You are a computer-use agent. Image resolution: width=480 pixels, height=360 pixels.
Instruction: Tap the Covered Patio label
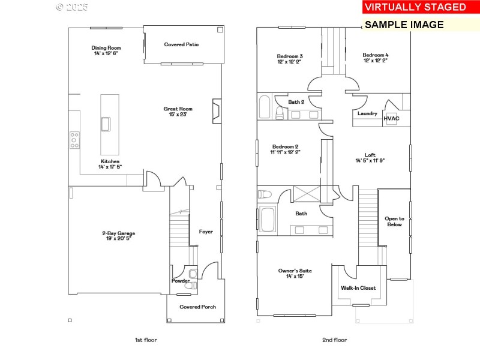(181, 44)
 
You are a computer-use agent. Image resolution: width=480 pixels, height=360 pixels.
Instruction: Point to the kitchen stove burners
(74, 140)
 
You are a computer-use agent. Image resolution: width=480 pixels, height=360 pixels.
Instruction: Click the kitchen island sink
(106, 124)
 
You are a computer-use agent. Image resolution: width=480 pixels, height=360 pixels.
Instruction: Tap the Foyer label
(206, 232)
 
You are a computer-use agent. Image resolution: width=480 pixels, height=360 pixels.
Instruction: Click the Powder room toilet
(191, 287)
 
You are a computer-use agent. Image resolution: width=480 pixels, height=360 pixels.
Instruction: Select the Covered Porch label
(197, 307)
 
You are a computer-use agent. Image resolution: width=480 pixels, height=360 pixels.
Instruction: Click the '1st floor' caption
(146, 340)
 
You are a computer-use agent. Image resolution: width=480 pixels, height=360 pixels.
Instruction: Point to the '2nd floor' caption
(334, 340)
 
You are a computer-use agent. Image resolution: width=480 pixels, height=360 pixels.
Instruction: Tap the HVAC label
(391, 118)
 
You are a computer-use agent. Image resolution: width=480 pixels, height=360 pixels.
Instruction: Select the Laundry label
(367, 113)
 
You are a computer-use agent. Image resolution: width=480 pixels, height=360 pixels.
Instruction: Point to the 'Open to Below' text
(394, 221)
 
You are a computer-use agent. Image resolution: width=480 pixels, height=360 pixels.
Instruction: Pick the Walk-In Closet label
(359, 288)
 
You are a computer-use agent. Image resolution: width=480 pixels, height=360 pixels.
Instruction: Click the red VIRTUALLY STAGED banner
(415, 7)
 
